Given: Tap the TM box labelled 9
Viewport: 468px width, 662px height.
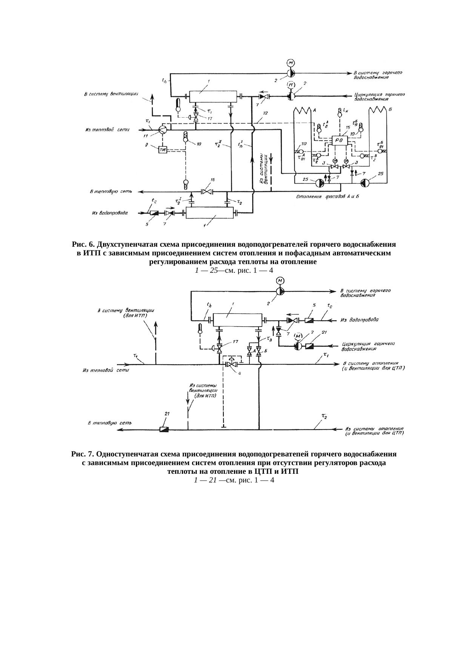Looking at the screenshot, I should [163, 150].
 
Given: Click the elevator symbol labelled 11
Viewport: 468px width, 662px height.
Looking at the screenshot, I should [162, 130].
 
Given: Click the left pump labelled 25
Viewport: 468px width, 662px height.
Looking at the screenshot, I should [319, 183].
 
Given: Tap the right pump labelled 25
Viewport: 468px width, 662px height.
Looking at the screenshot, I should [365, 183].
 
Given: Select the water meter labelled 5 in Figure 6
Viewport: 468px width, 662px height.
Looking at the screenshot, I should [154, 213].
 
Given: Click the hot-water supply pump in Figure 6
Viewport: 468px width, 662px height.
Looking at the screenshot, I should [291, 73].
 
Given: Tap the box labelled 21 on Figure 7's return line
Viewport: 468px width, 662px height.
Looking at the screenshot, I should [164, 429].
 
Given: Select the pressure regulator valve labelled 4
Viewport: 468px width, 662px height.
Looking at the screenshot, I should [231, 365].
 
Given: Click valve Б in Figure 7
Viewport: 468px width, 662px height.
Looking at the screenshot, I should [259, 352].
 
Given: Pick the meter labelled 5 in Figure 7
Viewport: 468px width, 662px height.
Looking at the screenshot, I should [309, 320].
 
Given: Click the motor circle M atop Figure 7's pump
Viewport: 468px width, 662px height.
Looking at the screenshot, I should [280, 280].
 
